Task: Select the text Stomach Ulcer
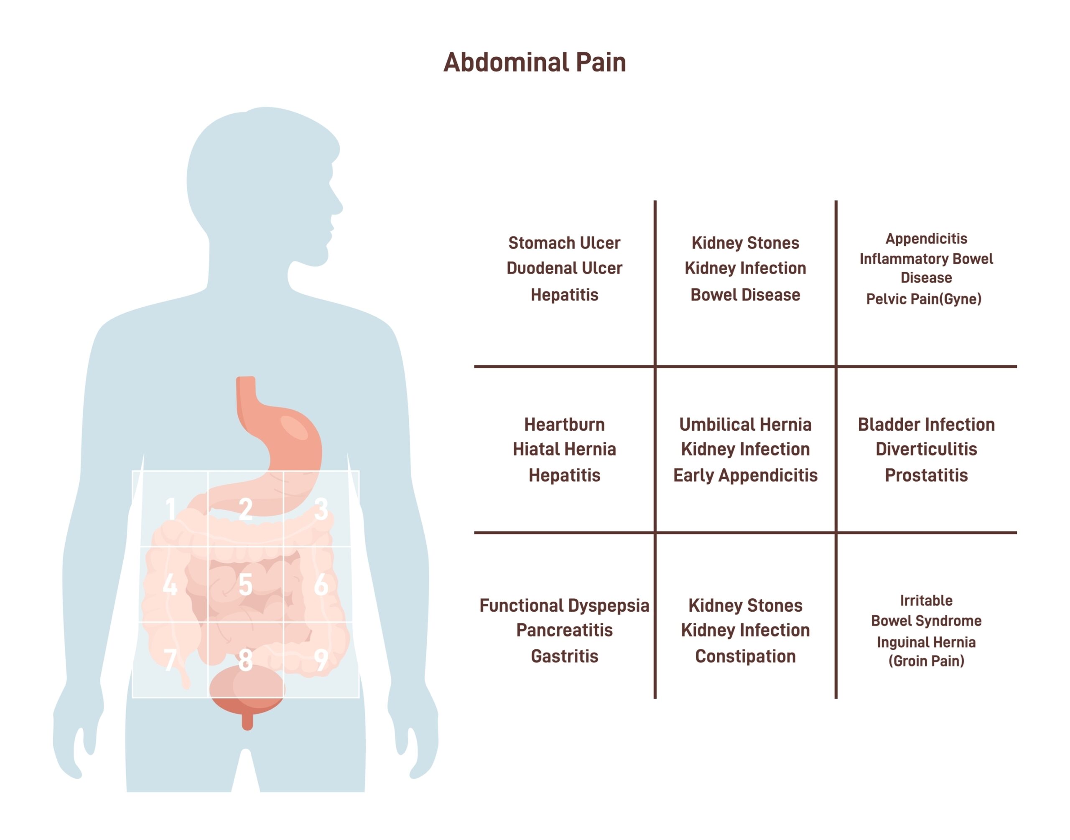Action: pos(564,243)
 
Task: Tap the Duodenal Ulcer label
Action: pos(564,268)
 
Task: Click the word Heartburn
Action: pos(564,424)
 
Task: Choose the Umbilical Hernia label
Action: pos(745,424)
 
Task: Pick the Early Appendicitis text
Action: pos(745,475)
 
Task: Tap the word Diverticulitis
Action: pos(925,449)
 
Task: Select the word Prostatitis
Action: pos(925,475)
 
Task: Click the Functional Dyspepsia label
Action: pos(564,605)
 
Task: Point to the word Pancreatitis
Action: pos(564,630)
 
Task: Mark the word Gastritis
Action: pos(564,656)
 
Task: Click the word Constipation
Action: pos(745,656)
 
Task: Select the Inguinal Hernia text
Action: pos(925,642)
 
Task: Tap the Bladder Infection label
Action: pos(925,424)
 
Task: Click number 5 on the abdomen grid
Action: pos(245,585)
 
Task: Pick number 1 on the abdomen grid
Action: pos(170,509)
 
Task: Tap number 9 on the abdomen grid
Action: pos(321,659)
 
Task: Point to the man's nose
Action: pos(339,207)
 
